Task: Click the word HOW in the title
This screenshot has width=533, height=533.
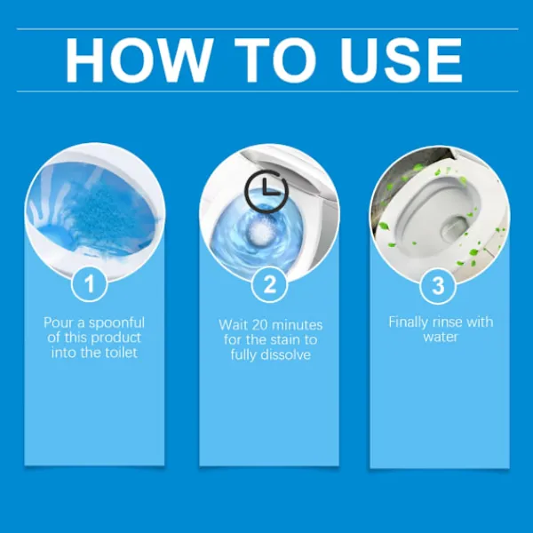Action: (x=138, y=60)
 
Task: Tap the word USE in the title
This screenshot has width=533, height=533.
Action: (x=402, y=60)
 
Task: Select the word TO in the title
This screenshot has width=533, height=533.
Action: (x=275, y=60)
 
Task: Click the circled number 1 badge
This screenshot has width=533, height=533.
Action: (x=90, y=284)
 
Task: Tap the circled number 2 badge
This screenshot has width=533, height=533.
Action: (x=269, y=284)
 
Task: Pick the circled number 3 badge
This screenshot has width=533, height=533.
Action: (x=438, y=285)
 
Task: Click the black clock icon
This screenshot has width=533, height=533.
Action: (x=266, y=192)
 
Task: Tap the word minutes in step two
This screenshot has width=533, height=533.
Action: (x=297, y=325)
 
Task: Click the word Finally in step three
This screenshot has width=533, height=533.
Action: (x=408, y=322)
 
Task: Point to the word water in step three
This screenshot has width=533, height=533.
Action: (x=441, y=337)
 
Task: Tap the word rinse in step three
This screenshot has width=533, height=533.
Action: (x=446, y=322)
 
